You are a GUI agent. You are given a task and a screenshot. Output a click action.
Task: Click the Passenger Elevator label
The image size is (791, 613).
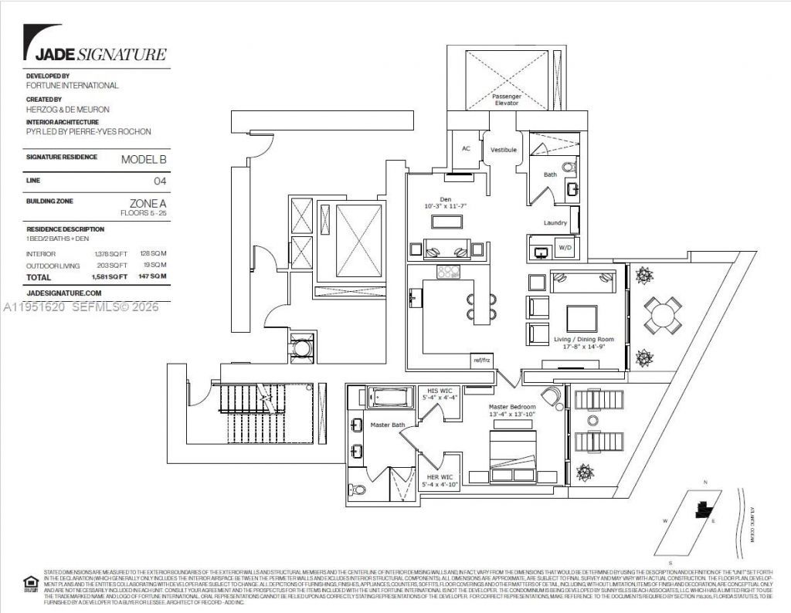[507, 100]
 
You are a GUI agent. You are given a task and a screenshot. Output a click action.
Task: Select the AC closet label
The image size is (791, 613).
[466, 149]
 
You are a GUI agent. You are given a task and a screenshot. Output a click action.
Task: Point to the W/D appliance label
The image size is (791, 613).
[565, 248]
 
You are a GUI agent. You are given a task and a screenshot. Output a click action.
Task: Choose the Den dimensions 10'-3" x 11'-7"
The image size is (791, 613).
[445, 207]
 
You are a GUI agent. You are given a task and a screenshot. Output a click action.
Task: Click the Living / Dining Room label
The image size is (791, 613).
[583, 340]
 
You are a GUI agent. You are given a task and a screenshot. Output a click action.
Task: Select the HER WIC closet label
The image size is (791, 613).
[443, 479]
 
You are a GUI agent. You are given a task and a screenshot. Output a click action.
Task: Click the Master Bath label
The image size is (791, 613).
[386, 425]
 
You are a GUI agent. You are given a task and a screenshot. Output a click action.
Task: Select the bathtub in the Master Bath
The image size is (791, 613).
[392, 396]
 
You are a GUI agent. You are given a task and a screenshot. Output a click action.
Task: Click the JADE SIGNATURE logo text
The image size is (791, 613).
[96, 54]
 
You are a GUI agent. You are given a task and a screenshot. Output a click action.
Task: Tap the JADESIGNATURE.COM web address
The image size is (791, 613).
[64, 293]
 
